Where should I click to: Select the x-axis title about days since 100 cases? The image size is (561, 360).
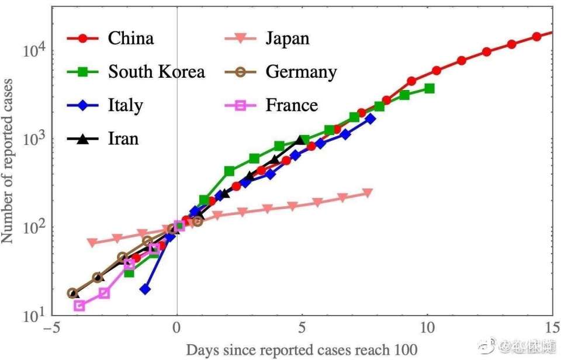[302, 350]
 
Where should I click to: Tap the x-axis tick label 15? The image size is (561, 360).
[552, 327]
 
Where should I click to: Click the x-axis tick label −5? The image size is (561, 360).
[52, 327]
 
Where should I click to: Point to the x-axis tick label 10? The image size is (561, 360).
[427, 327]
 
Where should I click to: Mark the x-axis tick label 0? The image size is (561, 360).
[177, 327]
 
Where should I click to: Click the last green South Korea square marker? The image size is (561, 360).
[430, 88]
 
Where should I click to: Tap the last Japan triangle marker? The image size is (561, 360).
[368, 193]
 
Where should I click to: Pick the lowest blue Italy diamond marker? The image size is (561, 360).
[146, 289]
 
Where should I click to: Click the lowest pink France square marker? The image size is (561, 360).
[79, 306]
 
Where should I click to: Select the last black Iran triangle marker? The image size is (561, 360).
[301, 140]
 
